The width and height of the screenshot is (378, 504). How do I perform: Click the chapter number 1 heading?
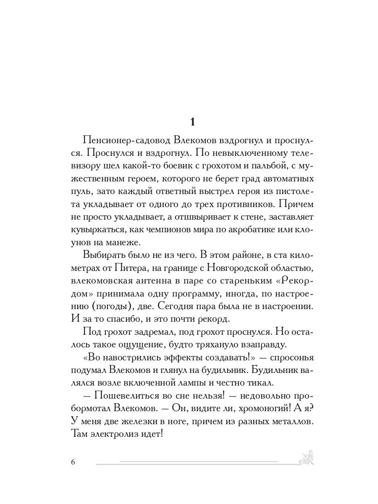click(192, 122)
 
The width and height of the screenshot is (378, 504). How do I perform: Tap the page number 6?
click(73, 462)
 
